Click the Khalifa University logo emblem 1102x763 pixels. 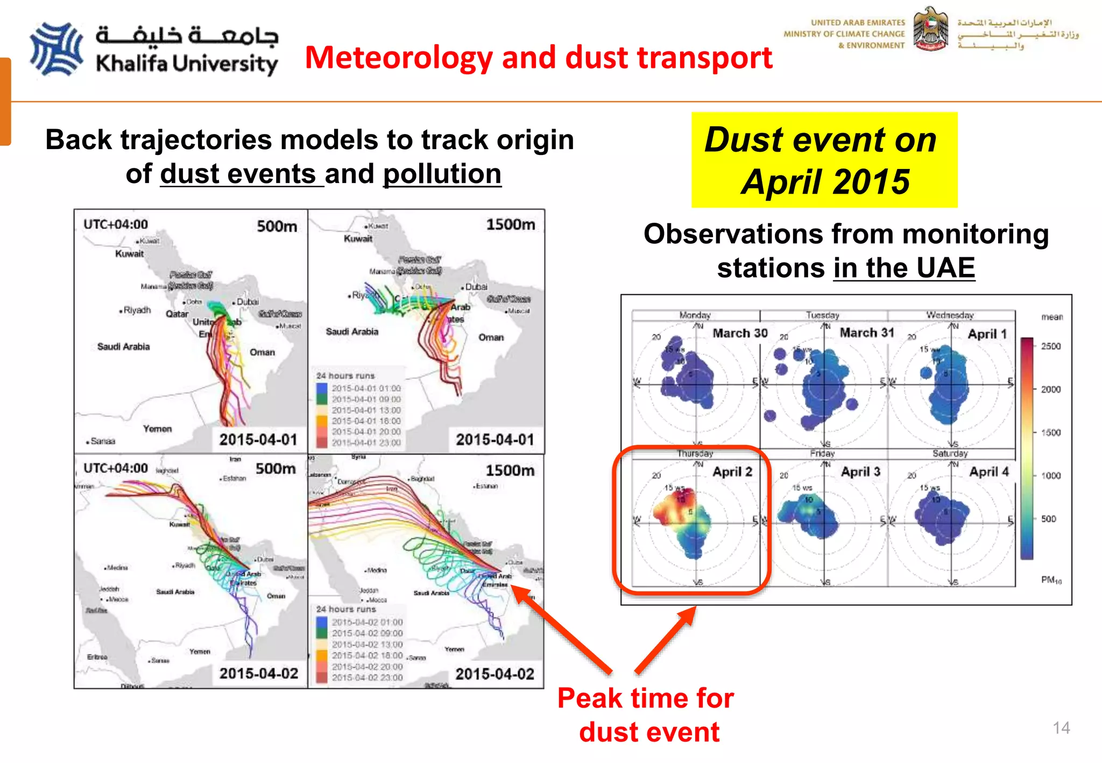pos(56,49)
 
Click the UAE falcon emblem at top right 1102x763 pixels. pos(930,30)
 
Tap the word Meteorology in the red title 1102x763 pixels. pos(398,58)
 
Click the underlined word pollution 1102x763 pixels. pos(442,174)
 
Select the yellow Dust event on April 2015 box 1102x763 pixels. pos(824,160)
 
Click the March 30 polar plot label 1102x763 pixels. pos(740,333)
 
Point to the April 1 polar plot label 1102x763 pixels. pos(987,334)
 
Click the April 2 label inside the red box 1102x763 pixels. pos(732,472)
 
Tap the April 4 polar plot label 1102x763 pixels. pos(988,472)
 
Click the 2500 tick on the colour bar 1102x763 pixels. pos(1050,346)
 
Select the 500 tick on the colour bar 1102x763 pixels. pos(1048,519)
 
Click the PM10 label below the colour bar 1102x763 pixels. pos(1051,580)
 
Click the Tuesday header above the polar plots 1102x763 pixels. pos(822,315)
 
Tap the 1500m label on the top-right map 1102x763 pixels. pos(510,224)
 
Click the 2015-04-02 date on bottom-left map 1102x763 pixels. pos(258,673)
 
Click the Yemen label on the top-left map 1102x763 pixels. pos(157,429)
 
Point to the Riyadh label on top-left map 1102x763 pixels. pos(137,310)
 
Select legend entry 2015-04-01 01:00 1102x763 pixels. pos(366,388)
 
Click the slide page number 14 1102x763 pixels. pos(1061,727)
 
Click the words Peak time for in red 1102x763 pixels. pos(645,698)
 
